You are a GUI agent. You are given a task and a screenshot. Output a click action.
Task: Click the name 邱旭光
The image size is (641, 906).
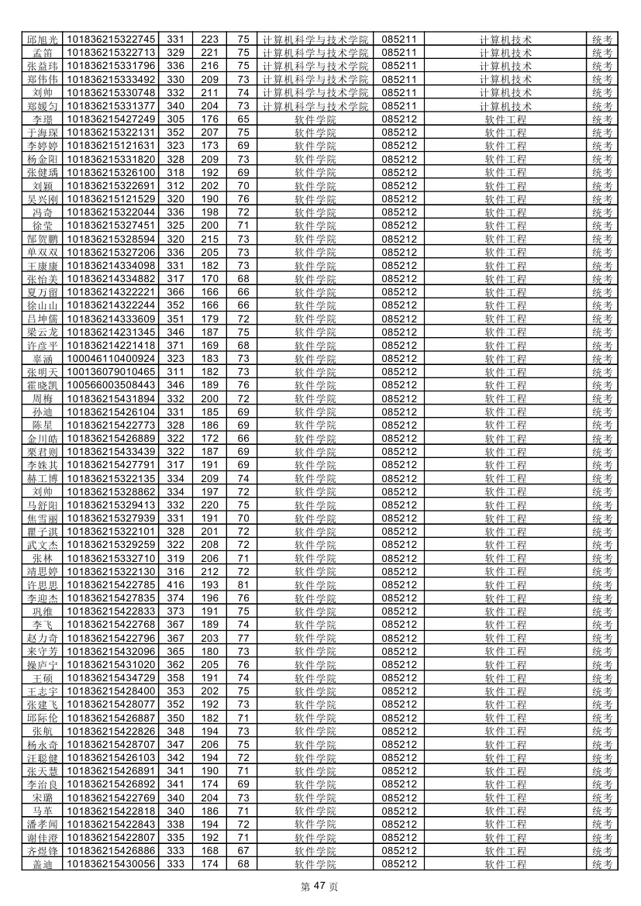point(43,39)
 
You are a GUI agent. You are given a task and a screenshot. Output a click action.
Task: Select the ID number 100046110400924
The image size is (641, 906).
point(112,358)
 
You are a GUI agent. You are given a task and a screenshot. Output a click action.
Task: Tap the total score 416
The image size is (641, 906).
point(176,584)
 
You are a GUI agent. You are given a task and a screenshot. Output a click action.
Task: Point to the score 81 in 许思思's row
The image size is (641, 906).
point(243,584)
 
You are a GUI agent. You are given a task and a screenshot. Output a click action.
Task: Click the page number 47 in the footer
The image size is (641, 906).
point(319,887)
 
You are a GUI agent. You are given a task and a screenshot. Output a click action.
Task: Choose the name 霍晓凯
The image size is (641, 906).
point(43,385)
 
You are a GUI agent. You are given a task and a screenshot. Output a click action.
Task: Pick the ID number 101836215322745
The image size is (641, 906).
point(112,39)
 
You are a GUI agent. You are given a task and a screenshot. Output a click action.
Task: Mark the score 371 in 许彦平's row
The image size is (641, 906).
point(176,345)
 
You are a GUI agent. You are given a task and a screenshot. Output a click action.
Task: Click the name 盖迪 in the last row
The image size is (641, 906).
point(43,864)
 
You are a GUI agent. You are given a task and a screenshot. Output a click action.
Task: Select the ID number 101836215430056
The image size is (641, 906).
point(112,864)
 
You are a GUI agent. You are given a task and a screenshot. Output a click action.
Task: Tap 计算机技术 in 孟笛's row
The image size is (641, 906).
point(505,52)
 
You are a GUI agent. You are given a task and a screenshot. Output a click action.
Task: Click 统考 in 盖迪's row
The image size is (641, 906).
point(602,864)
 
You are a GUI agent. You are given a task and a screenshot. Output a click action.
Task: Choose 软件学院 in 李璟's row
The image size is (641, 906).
point(315,119)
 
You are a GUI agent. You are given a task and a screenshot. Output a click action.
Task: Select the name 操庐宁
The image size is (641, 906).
point(43,665)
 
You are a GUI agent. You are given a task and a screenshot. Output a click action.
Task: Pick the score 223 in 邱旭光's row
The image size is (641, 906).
point(209,39)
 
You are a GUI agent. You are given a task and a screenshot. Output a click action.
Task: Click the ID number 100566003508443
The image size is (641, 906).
point(112,385)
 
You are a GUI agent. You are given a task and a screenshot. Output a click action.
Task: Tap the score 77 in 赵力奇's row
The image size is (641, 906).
point(243,638)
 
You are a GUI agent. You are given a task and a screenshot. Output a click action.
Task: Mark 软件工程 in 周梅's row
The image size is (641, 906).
point(505,398)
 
